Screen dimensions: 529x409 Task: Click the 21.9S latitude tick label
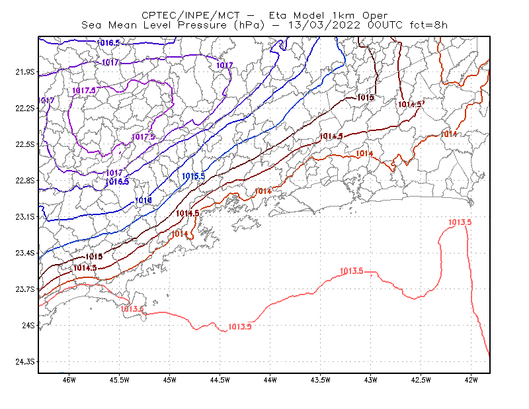point(25,72)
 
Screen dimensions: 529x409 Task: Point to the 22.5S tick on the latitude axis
point(25,144)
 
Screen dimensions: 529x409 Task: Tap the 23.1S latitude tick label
point(25,216)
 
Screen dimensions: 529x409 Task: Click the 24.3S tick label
point(25,362)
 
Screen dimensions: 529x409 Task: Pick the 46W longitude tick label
point(69,380)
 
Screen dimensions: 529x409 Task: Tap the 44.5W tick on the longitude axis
point(220,380)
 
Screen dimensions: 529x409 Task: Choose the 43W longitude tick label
point(370,380)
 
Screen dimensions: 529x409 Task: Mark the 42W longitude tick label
point(471,380)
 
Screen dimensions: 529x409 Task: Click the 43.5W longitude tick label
point(320,380)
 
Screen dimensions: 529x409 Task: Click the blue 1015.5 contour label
point(193,176)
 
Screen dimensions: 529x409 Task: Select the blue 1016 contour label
point(143,201)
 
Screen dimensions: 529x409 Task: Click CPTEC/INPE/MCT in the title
point(190,15)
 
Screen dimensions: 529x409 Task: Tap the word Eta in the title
point(277,15)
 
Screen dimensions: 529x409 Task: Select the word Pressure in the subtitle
point(202,25)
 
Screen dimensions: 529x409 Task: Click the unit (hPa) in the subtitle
point(249,25)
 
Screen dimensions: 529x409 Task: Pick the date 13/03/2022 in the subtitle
point(324,25)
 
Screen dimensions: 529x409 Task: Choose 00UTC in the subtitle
point(385,25)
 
